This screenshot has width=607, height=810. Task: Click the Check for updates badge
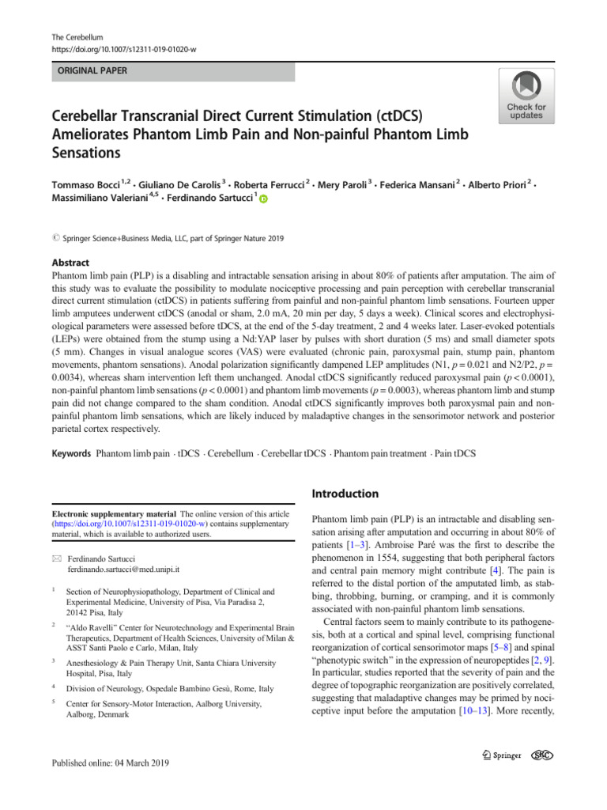(x=526, y=95)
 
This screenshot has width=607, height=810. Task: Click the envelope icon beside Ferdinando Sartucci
(x=52, y=558)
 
